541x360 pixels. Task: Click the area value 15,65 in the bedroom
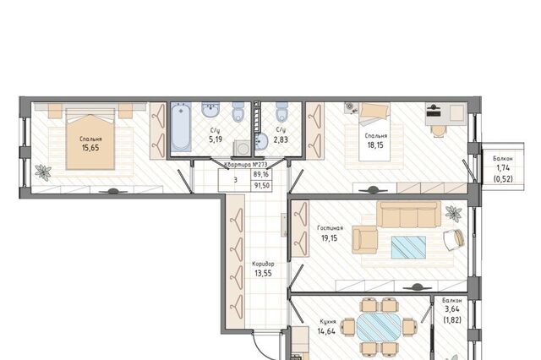(90, 148)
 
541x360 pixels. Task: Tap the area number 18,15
(375, 145)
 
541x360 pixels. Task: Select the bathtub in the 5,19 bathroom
(181, 127)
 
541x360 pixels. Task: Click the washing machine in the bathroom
(243, 149)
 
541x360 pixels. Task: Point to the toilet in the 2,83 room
(281, 112)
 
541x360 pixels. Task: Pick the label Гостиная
(330, 228)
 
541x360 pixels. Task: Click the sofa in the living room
(408, 214)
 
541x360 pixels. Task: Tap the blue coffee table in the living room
(408, 248)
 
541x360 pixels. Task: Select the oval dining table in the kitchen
(380, 327)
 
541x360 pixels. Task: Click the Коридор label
(263, 265)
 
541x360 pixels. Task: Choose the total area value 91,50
(261, 186)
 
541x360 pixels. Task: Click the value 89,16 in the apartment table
(261, 174)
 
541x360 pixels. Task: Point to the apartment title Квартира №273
(246, 165)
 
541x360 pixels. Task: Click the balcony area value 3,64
(452, 309)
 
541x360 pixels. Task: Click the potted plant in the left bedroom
(43, 172)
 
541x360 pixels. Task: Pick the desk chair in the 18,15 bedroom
(439, 131)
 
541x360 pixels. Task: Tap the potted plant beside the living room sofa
(453, 214)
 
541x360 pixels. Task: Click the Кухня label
(328, 321)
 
